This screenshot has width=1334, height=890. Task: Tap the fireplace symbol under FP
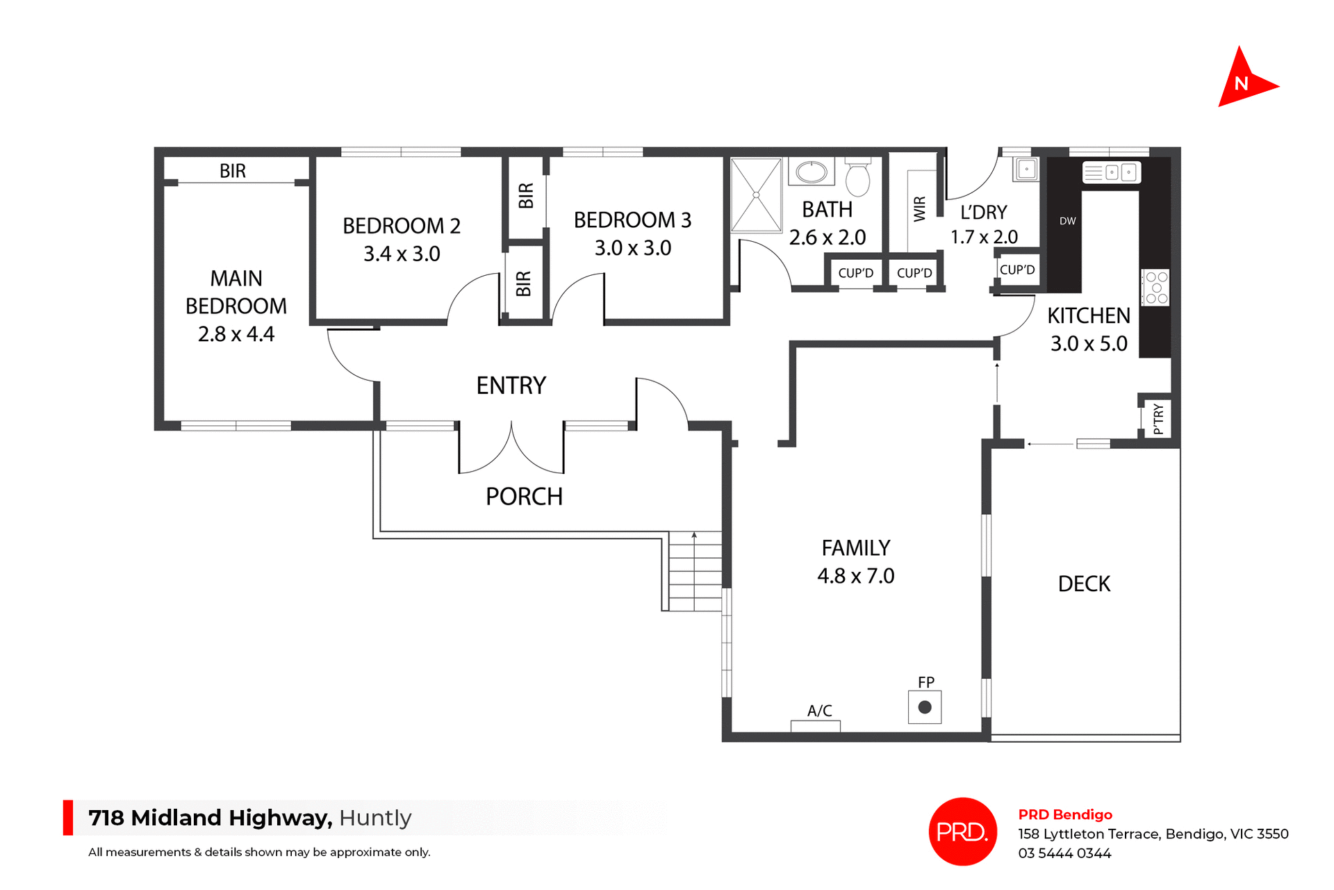pyautogui.click(x=924, y=707)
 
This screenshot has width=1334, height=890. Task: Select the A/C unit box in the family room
pyautogui.click(x=815, y=726)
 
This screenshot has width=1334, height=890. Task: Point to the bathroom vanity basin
pyautogui.click(x=811, y=172)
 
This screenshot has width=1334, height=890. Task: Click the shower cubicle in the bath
pyautogui.click(x=756, y=195)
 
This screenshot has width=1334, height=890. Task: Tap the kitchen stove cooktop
pyautogui.click(x=1156, y=288)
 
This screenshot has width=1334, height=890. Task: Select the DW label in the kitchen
pyautogui.click(x=1067, y=221)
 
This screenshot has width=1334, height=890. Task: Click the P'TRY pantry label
pyautogui.click(x=1158, y=419)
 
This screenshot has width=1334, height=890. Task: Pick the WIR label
pyautogui.click(x=920, y=208)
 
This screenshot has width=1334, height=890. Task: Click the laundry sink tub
pyautogui.click(x=1026, y=169)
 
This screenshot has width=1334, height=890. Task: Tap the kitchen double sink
pyautogui.click(x=1111, y=172)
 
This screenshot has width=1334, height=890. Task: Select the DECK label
pyautogui.click(x=1083, y=584)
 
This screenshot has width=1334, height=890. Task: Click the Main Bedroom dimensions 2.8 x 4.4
pyautogui.click(x=236, y=334)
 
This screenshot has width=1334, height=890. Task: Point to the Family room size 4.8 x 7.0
pyautogui.click(x=855, y=576)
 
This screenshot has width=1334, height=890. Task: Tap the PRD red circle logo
pyautogui.click(x=962, y=831)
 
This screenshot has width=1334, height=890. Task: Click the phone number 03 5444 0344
pyautogui.click(x=1064, y=853)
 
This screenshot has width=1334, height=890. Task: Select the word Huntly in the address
pyautogui.click(x=375, y=818)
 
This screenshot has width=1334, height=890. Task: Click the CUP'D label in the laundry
pyautogui.click(x=1017, y=270)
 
